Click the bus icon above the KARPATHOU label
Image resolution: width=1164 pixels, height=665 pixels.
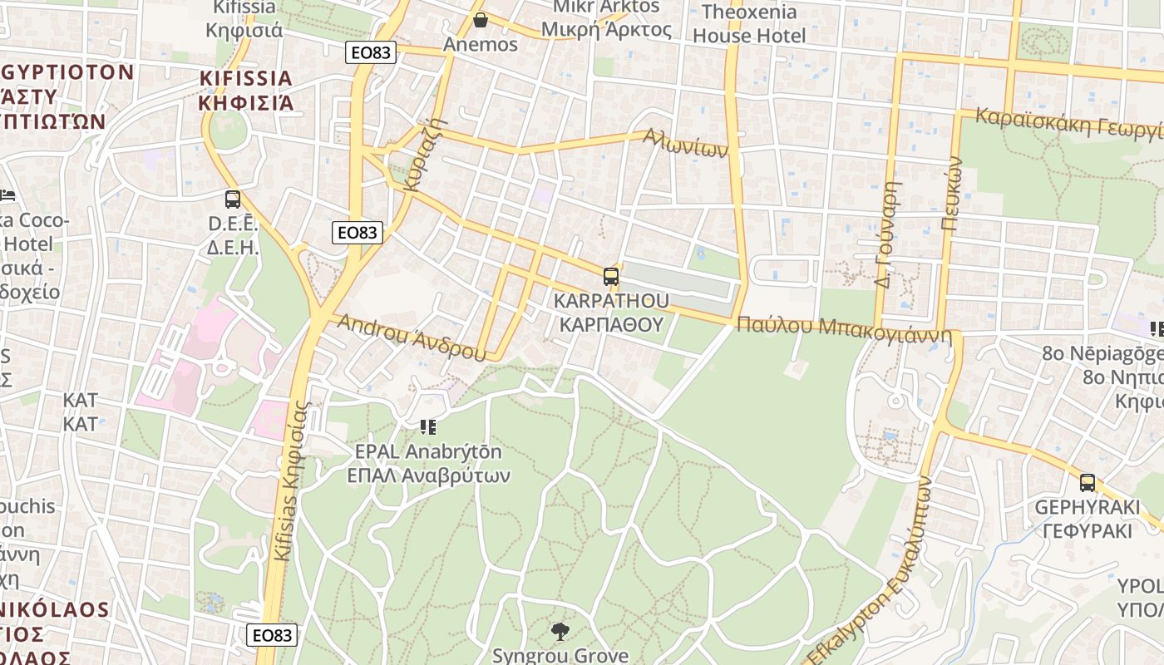(x=611, y=277)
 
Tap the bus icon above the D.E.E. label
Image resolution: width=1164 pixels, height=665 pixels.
(x=233, y=199)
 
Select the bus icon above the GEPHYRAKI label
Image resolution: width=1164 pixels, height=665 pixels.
(x=1088, y=483)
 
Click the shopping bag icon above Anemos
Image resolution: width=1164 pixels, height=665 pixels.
(x=480, y=20)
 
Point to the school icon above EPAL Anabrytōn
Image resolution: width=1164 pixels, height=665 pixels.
(x=428, y=427)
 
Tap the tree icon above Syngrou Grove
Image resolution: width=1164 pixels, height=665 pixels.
(x=560, y=632)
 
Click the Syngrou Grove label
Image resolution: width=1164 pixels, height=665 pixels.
(x=560, y=655)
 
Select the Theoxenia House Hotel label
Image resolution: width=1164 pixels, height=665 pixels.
(x=749, y=23)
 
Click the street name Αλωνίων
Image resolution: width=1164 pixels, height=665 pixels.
(x=687, y=143)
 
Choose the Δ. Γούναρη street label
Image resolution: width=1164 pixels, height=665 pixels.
(x=888, y=235)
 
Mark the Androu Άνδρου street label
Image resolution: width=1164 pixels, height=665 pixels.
(x=411, y=337)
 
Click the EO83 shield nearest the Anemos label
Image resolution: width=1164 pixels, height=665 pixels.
(x=370, y=52)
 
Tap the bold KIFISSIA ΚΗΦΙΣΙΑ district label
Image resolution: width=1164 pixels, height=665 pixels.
(x=246, y=91)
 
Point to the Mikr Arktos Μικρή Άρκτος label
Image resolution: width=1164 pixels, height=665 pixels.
(x=606, y=18)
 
